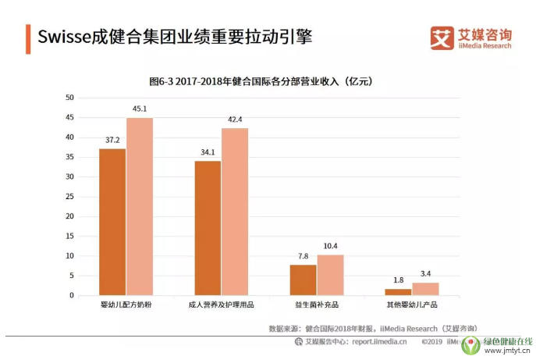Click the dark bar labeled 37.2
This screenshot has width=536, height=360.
coord(112,222)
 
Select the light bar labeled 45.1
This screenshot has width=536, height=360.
coord(140,206)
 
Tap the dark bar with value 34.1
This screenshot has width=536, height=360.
coord(208,228)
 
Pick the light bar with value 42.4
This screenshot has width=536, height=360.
coord(235,212)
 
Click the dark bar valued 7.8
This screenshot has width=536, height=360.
coord(303,280)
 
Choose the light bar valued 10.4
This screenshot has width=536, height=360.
coord(330,275)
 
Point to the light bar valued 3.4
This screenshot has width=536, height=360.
coord(425,289)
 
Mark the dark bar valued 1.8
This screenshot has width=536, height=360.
coord(398,292)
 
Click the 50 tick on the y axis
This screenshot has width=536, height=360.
coord(69,98)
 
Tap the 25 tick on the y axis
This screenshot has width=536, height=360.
coord(69,197)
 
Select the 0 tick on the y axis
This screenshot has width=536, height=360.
coord(72,295)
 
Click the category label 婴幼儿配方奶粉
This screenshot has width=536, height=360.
coord(126,305)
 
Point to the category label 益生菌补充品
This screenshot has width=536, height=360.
coord(316,305)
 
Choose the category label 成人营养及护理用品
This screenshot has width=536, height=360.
coord(221,305)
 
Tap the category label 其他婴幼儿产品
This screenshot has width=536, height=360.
coord(411,305)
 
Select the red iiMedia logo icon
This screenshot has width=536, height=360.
coord(442,37)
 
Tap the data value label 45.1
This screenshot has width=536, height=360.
coord(140,109)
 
